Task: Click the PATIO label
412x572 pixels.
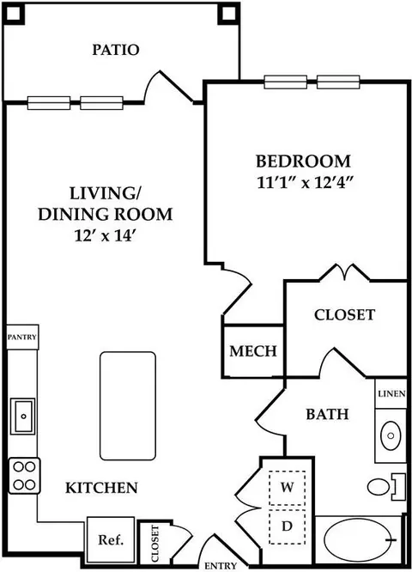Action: tap(116, 50)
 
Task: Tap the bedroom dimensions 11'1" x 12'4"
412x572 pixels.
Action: tap(306, 183)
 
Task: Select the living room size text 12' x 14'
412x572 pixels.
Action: tap(106, 236)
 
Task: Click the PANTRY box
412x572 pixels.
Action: tap(22, 337)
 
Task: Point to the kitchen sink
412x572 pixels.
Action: tap(22, 416)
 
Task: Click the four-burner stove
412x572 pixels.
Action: tap(24, 476)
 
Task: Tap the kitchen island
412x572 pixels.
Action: tap(128, 405)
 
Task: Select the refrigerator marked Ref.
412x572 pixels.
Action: tap(111, 539)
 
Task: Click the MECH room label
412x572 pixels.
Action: tap(253, 351)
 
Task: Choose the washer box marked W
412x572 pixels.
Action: tap(288, 488)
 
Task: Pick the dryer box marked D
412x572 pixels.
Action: tap(288, 526)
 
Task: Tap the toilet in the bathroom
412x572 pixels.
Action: tap(386, 487)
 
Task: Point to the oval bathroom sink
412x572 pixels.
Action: tap(391, 435)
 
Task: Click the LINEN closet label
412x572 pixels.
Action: tap(391, 393)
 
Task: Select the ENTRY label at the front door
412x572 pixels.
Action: tap(221, 566)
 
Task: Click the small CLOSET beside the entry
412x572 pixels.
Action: tap(154, 544)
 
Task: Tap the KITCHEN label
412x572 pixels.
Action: tap(102, 488)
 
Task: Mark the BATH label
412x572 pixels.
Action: tap(327, 415)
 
